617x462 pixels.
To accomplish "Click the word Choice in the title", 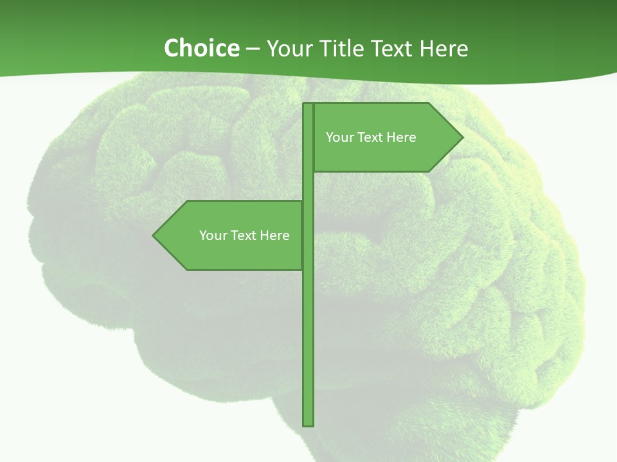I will (201, 48).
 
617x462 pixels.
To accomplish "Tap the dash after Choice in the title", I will (253, 49).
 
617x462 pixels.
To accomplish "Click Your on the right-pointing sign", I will (339, 137).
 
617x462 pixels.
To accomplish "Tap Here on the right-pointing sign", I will (401, 137).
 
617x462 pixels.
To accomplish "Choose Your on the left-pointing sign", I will (212, 235).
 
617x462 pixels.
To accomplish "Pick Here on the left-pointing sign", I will (274, 235).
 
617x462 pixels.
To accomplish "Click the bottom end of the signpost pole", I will (308, 423).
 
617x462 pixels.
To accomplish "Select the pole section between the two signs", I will (308, 187).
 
